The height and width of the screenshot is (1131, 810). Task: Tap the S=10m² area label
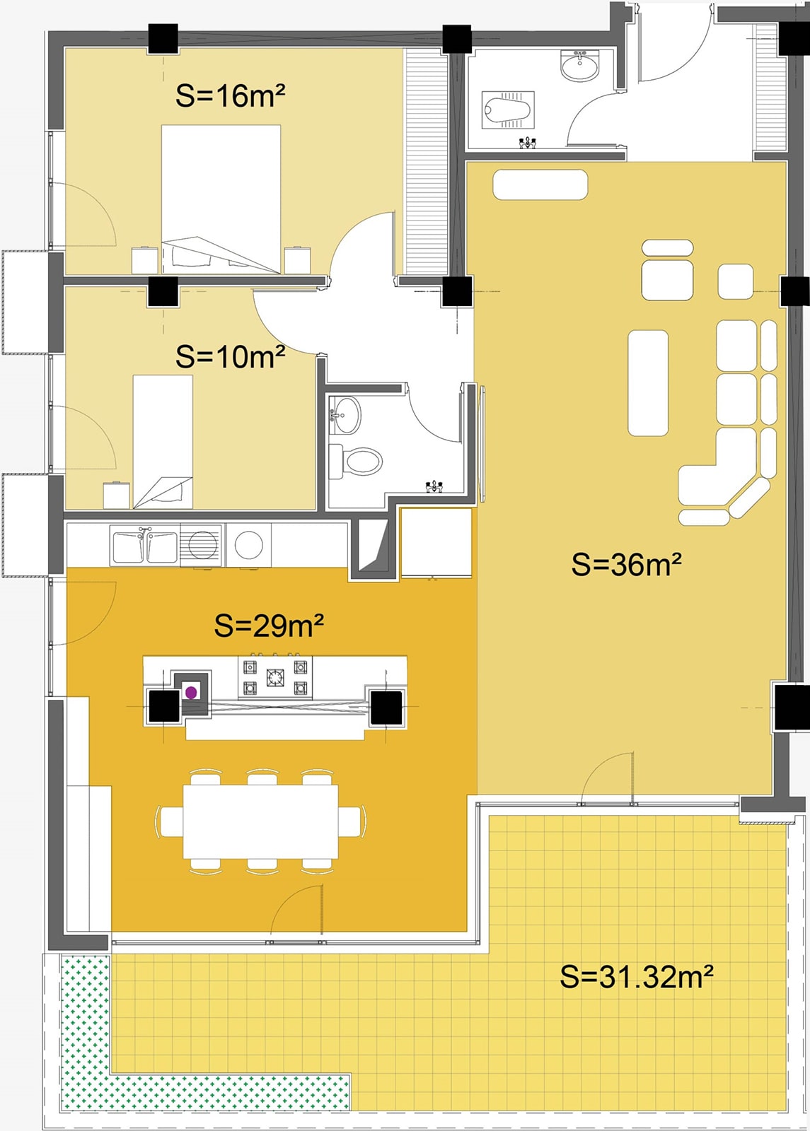pyautogui.click(x=231, y=356)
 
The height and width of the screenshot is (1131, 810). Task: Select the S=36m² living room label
pyautogui.click(x=627, y=564)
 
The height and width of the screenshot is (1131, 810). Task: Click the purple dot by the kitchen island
pyautogui.click(x=191, y=693)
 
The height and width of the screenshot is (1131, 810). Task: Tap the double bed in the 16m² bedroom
pyautogui.click(x=221, y=199)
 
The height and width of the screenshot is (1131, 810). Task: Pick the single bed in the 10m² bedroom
pyautogui.click(x=163, y=442)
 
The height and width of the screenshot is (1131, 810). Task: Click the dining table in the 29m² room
pyautogui.click(x=261, y=821)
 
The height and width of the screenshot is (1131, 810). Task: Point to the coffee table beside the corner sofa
pyautogui.click(x=648, y=382)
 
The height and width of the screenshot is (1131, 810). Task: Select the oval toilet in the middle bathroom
pyautogui.click(x=361, y=461)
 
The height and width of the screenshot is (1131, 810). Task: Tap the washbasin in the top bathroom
pyautogui.click(x=579, y=66)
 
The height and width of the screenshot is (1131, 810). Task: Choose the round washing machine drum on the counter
pyautogui.click(x=248, y=545)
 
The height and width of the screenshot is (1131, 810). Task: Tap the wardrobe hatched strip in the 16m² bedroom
pyautogui.click(x=427, y=162)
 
